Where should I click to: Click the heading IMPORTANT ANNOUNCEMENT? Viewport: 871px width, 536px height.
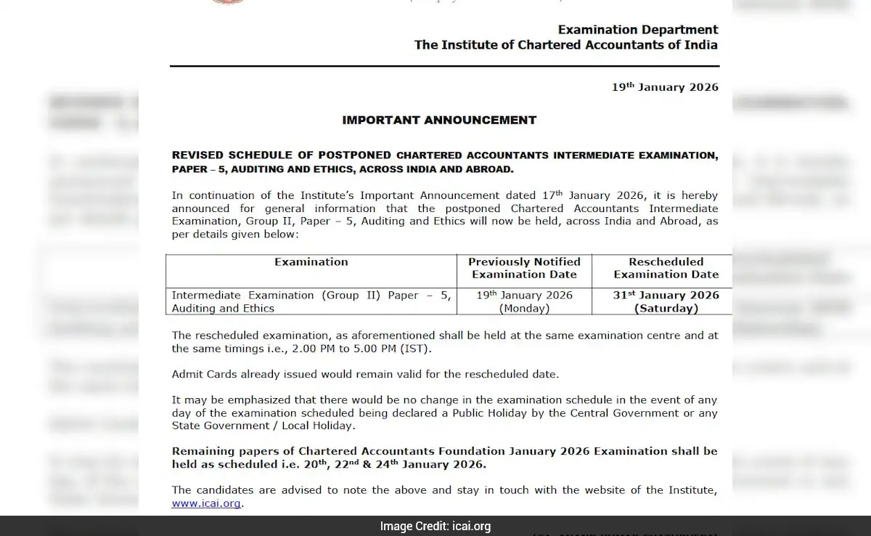[439, 120]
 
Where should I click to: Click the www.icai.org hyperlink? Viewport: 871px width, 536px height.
[207, 503]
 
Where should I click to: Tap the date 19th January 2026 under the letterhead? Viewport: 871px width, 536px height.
[665, 87]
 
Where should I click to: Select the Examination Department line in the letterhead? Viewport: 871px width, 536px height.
[638, 30]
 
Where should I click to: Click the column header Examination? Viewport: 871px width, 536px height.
[311, 261]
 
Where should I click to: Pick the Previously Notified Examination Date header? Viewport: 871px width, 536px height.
[524, 268]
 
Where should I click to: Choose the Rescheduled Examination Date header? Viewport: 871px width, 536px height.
[666, 268]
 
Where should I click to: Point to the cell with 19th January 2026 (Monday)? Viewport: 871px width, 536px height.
[524, 301]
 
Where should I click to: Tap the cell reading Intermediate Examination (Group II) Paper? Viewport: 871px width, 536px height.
[311, 301]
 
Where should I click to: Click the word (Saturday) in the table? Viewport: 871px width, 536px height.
[666, 308]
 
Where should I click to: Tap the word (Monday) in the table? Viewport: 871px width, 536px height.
[524, 308]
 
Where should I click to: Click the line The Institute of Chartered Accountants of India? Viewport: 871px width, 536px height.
[565, 45]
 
